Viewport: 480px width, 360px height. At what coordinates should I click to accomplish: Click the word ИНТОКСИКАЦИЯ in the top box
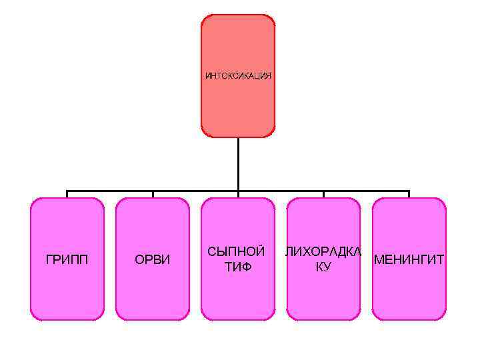point(238,76)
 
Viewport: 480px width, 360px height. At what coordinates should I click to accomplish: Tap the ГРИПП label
point(67,259)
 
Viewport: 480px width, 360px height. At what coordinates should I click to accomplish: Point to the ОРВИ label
point(153,259)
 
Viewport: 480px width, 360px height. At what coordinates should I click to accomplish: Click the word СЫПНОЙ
point(237,252)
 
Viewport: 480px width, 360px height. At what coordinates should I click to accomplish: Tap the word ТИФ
point(237,267)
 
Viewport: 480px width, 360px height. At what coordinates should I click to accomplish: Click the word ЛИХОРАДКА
point(323,252)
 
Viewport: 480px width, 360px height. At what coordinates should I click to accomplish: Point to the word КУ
point(323,267)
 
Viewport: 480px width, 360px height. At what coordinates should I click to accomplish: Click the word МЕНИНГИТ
point(409,259)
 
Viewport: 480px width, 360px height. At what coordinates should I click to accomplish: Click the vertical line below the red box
point(238,163)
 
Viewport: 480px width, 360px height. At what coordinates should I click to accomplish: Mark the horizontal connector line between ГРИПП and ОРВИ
point(110,192)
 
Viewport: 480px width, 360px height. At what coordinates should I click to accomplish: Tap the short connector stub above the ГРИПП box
point(67,195)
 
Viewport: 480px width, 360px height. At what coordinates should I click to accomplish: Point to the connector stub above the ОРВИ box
point(153,195)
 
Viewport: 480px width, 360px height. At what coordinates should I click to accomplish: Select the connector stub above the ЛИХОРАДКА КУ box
point(323,195)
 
